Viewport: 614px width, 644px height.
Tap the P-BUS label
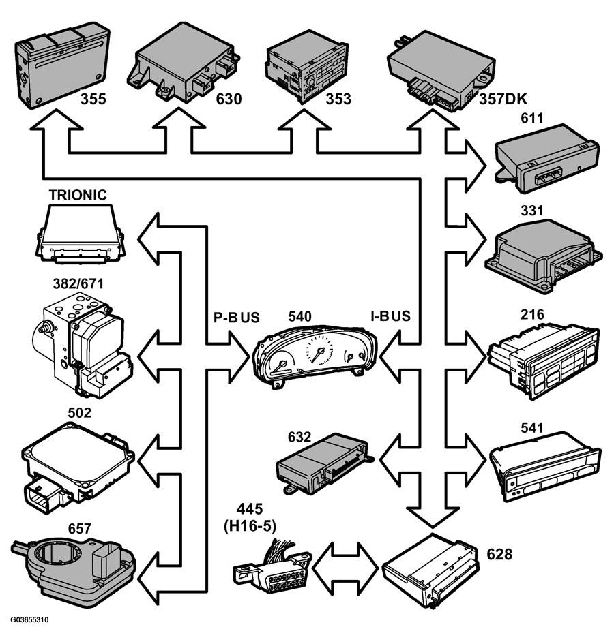click(237, 317)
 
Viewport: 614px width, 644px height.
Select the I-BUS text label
click(391, 316)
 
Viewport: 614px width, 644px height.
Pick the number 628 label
click(499, 554)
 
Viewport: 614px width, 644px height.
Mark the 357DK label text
click(503, 99)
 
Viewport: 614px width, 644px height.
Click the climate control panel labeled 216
click(543, 361)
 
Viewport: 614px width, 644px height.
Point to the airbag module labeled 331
click(544, 256)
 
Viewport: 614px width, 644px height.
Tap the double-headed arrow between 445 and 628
click(345, 568)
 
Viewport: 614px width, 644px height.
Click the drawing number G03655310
click(29, 619)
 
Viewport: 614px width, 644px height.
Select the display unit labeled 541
click(544, 465)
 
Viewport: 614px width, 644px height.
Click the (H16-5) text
click(250, 526)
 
